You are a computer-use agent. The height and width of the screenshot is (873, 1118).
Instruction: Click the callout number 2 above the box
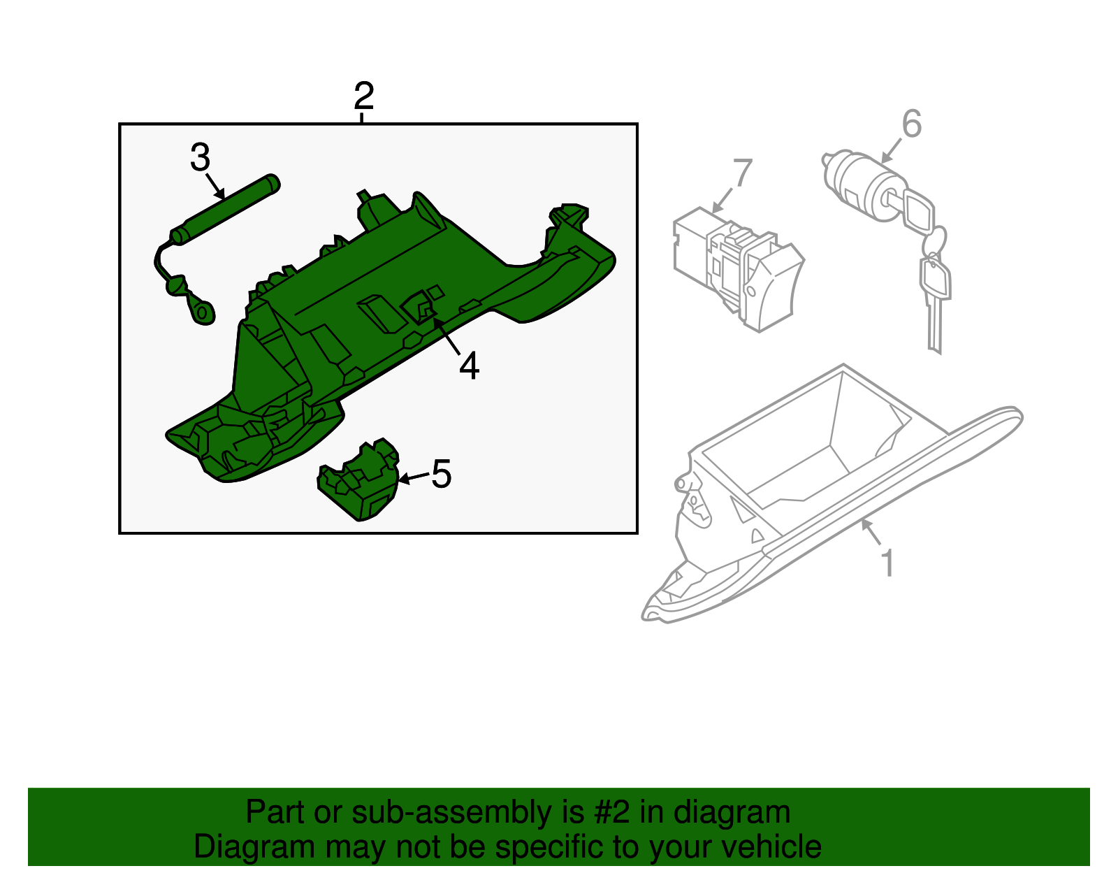point(363,96)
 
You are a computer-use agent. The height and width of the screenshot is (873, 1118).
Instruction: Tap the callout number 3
point(200,158)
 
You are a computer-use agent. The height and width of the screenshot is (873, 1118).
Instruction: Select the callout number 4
point(469,366)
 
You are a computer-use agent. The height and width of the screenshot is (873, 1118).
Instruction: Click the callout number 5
point(441,475)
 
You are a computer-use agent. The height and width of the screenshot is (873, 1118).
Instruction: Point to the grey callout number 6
point(911,124)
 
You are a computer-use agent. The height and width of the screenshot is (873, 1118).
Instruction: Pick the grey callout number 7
point(742,173)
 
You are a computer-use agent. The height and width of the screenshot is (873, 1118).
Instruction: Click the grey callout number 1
point(887,563)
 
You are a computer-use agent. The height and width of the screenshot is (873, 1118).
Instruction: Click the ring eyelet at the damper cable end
point(203,312)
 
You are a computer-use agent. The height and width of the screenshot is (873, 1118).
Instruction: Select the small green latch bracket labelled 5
point(358,482)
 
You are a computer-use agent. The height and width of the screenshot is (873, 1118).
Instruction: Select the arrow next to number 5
point(413,478)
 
